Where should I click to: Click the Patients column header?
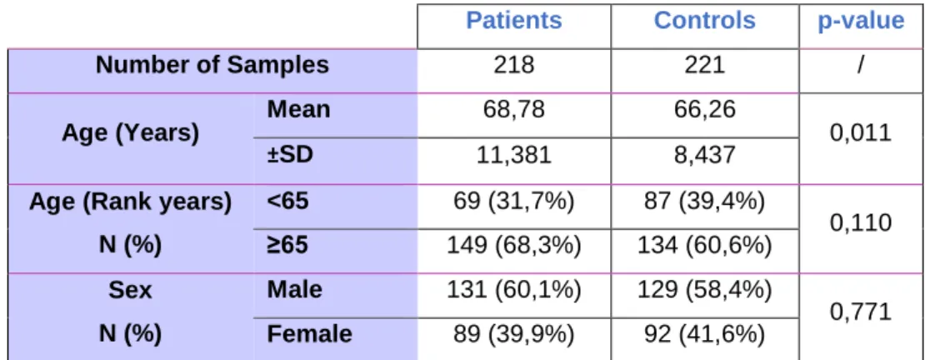pyautogui.click(x=513, y=21)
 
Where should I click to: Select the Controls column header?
pyautogui.click(x=704, y=21)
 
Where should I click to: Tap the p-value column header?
pyautogui.click(x=861, y=22)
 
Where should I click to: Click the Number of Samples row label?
pyautogui.click(x=213, y=65)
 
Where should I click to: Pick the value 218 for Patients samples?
pyautogui.click(x=514, y=65)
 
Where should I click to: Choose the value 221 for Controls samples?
pyautogui.click(x=704, y=65)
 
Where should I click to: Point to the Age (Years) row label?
pyautogui.click(x=130, y=133)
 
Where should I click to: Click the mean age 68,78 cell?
pyautogui.click(x=514, y=111)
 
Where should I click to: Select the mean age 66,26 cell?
pyautogui.click(x=704, y=111)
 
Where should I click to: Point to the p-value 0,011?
pyautogui.click(x=861, y=133)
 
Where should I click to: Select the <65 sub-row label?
pyautogui.click(x=288, y=201)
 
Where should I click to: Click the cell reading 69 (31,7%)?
pyautogui.click(x=514, y=202)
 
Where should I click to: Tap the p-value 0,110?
pyautogui.click(x=861, y=222)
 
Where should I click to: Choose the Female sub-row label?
pyautogui.click(x=309, y=334)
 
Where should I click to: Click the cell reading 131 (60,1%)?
pyautogui.click(x=514, y=290)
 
